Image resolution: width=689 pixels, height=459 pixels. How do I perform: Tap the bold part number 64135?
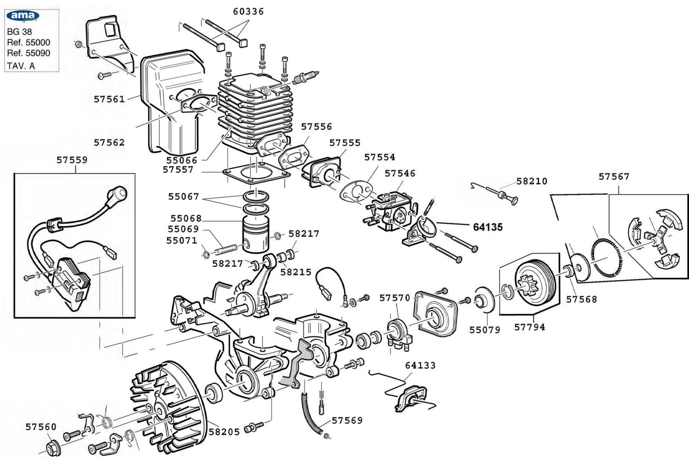pos(488,227)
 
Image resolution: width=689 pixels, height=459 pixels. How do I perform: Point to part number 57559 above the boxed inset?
pos(72,160)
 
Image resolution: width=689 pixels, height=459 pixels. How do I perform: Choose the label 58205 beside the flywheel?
pos(224,432)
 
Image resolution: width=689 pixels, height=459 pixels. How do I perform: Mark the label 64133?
pos(421,365)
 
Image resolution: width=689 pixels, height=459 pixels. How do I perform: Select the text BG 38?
pos(19,32)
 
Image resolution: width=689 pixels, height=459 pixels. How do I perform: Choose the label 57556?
pos(317,127)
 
